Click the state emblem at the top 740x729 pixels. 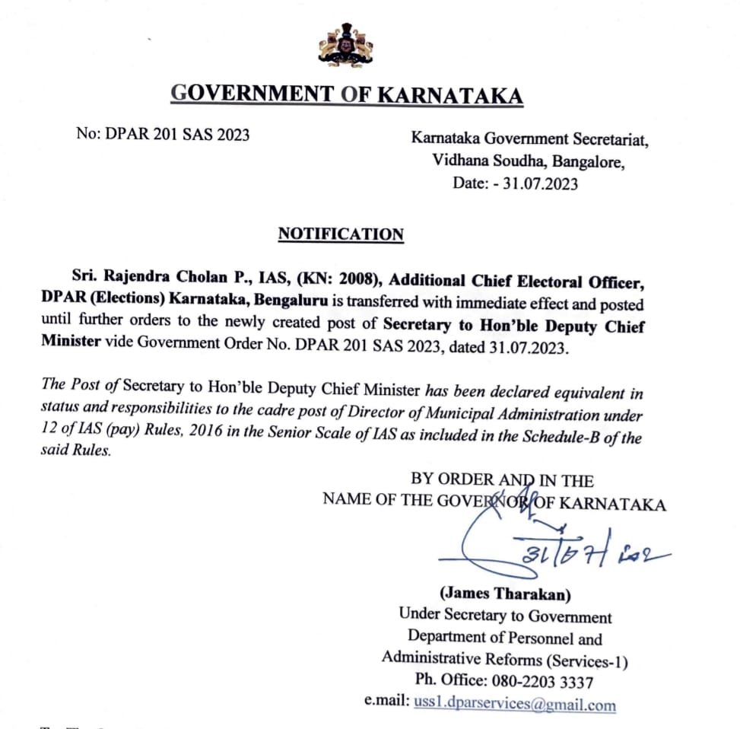[x=346, y=45]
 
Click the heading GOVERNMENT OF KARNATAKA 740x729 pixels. [x=347, y=94]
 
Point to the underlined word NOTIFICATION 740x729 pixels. [x=341, y=234]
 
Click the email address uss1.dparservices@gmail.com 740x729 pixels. [x=515, y=704]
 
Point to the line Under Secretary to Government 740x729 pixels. [x=505, y=616]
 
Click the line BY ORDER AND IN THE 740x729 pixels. [x=503, y=479]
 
